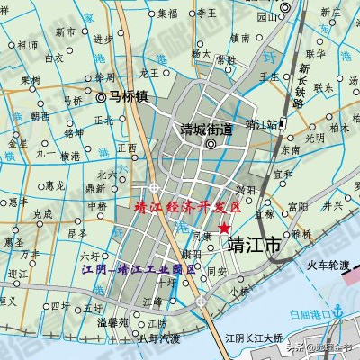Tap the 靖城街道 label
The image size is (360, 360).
tap(206, 128)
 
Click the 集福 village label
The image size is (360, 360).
tap(167, 13)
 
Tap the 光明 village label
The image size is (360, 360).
tap(314, 138)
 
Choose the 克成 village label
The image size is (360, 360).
tap(42, 214)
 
